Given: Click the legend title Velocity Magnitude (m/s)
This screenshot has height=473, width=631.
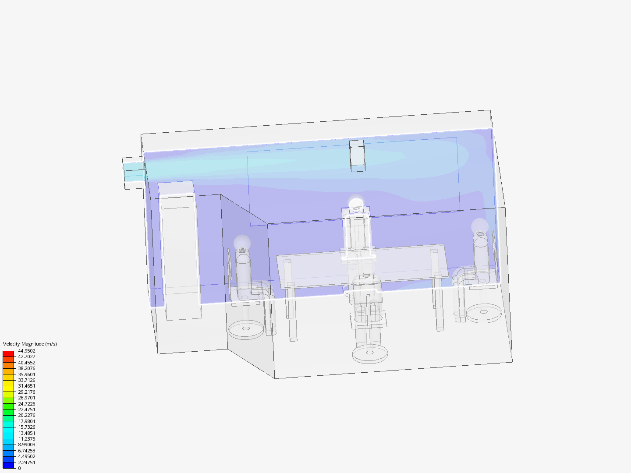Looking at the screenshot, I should pos(30,344).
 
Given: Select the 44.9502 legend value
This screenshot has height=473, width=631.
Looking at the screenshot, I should pos(27,351).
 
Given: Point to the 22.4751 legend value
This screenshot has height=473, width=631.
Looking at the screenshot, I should pos(27,409).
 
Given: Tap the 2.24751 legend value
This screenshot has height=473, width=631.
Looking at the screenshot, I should pos(27,462).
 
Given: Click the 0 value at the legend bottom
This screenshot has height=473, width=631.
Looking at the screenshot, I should pos(19,468).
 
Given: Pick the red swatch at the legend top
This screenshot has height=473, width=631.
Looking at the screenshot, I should pos(8,353).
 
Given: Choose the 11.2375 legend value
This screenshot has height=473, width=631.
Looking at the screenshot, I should pos(27,439).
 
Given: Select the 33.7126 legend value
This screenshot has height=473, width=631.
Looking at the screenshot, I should pos(27,380).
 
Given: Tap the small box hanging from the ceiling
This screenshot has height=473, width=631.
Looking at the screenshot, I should pos(357,155).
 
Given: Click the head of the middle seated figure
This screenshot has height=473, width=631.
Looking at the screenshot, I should pos(356,204).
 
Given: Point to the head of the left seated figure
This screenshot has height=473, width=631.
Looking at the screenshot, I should pos(242,242).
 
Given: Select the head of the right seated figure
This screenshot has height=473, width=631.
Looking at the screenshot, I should pos(480,226).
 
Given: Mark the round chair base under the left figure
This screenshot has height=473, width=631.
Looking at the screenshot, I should pos(246,329).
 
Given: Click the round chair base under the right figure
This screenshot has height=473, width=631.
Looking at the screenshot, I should pos(484,313).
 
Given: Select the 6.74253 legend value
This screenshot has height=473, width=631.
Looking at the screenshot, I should pos(27,451).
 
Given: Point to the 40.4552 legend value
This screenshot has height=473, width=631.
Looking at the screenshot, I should pos(27,363).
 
